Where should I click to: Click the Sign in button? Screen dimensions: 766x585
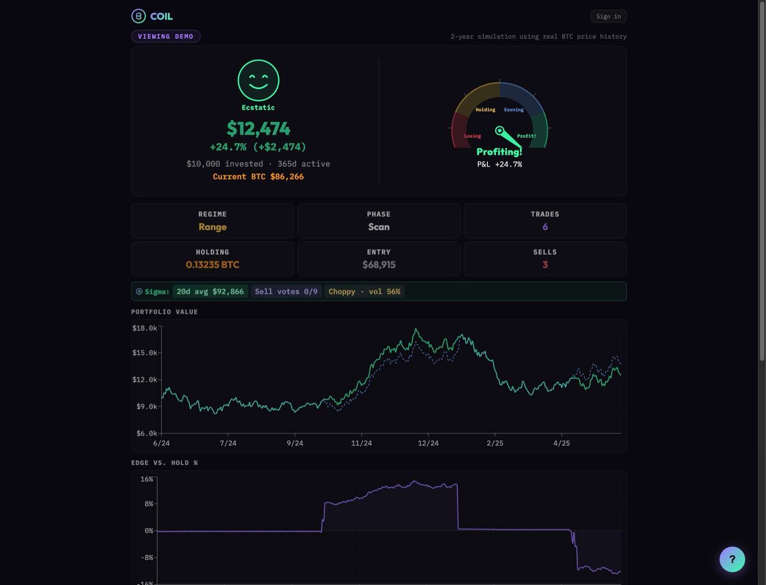[608, 16]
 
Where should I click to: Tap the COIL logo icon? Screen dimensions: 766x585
[138, 16]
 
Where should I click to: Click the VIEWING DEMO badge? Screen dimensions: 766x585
[166, 36]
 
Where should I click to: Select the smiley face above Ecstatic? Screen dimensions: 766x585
[258, 80]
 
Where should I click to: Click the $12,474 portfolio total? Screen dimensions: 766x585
[258, 128]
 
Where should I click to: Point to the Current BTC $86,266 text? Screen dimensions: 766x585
[258, 177]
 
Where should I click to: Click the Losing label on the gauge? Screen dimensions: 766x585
[473, 136]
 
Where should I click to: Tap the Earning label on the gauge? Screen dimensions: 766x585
[514, 110]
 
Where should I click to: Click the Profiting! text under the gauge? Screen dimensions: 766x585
[499, 152]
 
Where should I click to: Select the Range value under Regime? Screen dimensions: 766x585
[213, 227]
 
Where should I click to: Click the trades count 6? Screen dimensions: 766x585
[545, 227]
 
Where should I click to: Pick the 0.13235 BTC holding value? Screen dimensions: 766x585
[213, 265]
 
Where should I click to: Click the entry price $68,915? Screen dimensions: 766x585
[379, 265]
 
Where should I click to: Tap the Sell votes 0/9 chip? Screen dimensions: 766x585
[286, 291]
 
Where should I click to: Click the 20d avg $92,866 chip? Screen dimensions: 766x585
[210, 291]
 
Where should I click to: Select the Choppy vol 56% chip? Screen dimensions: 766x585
[364, 291]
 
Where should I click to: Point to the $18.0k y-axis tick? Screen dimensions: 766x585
[145, 328]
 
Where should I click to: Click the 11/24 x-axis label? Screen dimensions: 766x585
[361, 443]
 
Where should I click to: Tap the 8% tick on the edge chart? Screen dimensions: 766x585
[149, 504]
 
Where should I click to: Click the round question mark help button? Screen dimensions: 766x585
[732, 559]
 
